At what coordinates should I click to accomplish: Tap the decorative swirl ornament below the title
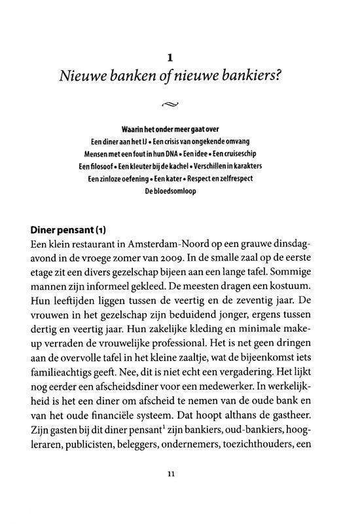tap(180, 102)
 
